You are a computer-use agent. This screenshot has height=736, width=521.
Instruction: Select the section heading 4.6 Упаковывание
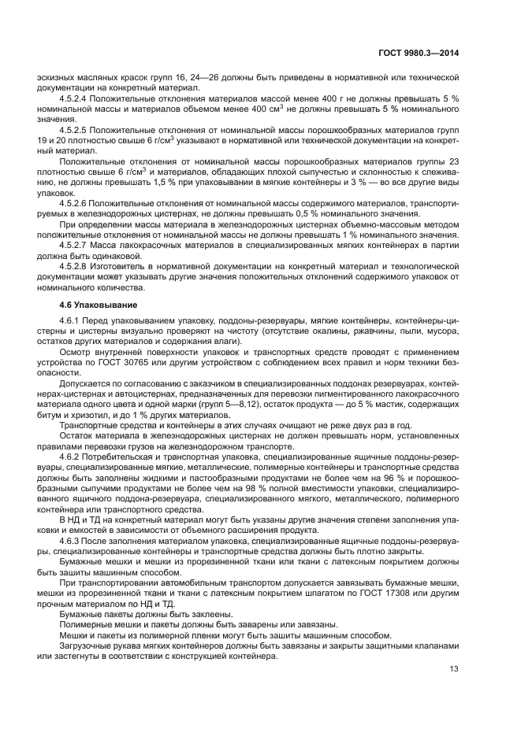[x=101, y=305]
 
